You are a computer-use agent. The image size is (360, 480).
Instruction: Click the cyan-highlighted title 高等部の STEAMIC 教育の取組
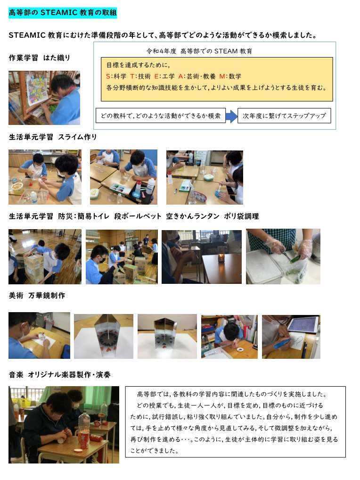click(63, 13)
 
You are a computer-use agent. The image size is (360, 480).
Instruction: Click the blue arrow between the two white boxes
click(231, 116)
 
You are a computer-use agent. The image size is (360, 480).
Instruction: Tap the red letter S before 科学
click(108, 76)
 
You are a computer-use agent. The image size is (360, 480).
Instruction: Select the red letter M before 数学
click(222, 76)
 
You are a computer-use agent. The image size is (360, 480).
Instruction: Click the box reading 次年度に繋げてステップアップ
click(284, 116)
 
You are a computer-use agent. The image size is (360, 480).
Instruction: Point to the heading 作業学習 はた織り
click(40, 58)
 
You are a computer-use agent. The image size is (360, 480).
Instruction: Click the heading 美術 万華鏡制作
click(37, 296)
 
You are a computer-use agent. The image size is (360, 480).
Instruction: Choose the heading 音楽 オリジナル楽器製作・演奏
click(60, 375)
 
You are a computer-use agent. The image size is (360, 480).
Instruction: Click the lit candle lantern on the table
click(221, 258)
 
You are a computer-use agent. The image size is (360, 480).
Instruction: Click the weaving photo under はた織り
click(44, 98)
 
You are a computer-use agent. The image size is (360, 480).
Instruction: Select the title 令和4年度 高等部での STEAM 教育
click(199, 51)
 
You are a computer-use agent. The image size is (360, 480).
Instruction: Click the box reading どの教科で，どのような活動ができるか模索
click(161, 116)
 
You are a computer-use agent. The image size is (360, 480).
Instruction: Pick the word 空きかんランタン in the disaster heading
click(193, 216)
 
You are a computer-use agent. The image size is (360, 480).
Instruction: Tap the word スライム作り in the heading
click(77, 137)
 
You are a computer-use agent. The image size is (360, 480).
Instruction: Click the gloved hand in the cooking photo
click(304, 248)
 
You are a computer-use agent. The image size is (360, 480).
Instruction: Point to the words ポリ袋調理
click(241, 216)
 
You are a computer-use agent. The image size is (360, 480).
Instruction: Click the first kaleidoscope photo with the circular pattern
click(104, 336)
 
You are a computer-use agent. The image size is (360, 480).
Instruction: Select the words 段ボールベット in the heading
click(138, 216)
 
